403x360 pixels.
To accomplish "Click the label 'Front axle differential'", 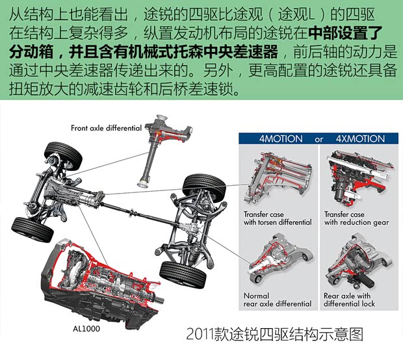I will pyautogui.click(x=106, y=128).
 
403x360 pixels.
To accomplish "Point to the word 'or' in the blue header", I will pyautogui.click(x=318, y=138).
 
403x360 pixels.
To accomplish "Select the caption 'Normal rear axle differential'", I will pyautogui.click(x=278, y=300).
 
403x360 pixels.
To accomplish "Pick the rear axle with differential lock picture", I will pyautogui.click(x=356, y=260).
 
